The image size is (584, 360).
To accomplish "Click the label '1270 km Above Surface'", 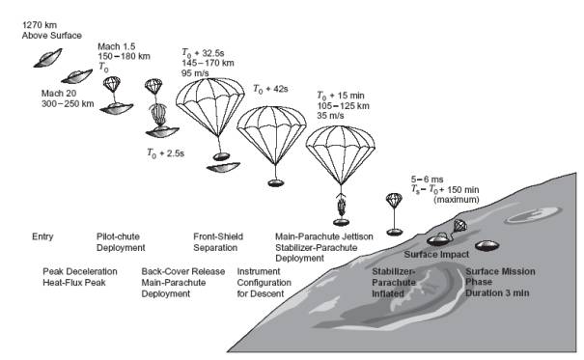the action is pos(52,30).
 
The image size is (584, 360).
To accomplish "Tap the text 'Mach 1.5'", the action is pos(116,46).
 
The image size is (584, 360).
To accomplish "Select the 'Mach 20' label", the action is pos(59,93).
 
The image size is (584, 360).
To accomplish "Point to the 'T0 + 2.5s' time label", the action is pos(166,153).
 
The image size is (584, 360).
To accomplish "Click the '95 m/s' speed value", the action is pos(195,73).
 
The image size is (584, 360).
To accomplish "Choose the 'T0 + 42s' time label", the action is pos(271,89).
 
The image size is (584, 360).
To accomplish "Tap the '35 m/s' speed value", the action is pos(330,116).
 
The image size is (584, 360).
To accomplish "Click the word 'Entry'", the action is pos(42,236).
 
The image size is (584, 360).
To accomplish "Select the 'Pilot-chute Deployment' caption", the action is pos(121,242).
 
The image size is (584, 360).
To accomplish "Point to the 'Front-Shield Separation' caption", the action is pos(218,242).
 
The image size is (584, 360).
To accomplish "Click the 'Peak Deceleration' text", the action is pos(80,271).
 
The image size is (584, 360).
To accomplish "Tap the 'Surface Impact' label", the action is pos(436,255).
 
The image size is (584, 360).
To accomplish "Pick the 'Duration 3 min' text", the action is pos(497,293).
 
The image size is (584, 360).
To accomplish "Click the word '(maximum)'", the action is pos(457,200).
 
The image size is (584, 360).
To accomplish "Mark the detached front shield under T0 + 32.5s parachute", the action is pos(224,167).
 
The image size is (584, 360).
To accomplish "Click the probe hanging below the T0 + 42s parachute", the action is pos(276,182).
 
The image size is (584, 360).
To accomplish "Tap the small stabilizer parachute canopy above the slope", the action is pos(394,200).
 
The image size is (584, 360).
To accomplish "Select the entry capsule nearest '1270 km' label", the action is pos(47,59).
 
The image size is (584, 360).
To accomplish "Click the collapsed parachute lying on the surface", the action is pos(460,225).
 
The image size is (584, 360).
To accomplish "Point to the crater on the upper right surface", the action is pos(533,214).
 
